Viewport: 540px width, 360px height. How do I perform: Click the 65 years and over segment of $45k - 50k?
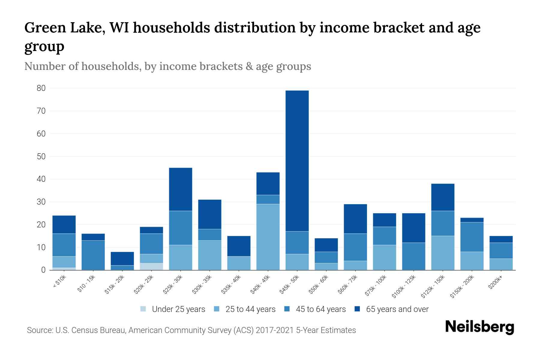pos(297,161)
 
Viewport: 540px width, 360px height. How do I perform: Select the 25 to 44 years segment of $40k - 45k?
pos(268,237)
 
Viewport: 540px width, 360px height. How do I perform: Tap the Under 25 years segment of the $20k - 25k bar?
pos(151,266)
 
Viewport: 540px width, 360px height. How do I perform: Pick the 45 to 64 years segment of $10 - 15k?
pos(93,255)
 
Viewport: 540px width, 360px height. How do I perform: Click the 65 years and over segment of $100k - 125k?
pos(414,228)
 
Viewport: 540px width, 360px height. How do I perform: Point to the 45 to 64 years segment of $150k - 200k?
pos(472,237)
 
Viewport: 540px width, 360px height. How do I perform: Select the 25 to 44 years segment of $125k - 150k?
pos(443,253)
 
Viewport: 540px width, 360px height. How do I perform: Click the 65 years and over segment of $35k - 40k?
pos(239,246)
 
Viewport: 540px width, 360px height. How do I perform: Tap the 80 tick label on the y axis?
pos(41,88)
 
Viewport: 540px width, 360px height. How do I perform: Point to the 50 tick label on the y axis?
pos(41,157)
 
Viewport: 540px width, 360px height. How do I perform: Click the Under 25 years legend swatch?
pos(143,309)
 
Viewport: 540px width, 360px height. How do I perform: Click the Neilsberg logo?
pos(479,327)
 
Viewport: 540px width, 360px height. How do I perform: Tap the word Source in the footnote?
pos(39,330)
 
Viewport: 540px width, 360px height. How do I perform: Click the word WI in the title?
pos(120,28)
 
